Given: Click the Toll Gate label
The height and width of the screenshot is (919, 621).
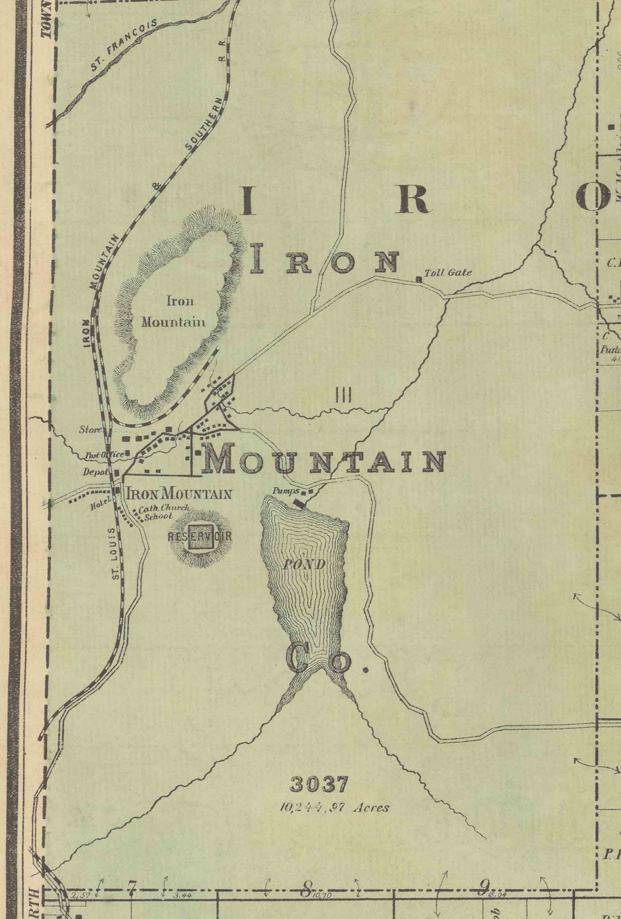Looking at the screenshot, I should pos(448,273).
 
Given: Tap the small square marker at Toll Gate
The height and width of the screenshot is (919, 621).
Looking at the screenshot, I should pos(418,279).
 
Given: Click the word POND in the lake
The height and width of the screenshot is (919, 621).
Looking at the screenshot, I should pos(304,564).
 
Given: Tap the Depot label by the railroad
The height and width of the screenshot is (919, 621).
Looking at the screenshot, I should pos(95,472).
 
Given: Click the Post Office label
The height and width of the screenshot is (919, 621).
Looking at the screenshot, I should pos(103,454).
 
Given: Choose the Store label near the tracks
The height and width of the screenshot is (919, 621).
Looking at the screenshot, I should pos(90,430).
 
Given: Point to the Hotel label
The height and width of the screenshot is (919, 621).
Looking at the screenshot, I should pos(100,505).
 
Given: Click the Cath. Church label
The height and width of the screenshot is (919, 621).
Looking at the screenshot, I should pos(163,509).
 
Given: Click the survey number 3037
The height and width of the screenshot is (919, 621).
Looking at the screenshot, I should pos(319,784).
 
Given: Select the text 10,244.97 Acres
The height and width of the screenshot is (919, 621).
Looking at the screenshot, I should pos(334,807).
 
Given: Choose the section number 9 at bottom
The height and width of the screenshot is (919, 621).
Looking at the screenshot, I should pos(483,887).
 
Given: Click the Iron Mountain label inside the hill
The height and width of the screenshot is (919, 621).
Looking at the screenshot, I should pos(173,311).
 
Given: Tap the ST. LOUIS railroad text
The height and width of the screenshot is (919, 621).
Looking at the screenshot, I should pos(115,553).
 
